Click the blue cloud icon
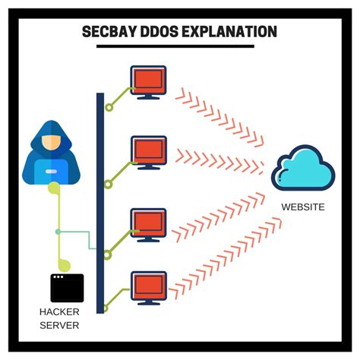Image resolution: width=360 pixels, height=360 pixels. point(302,169)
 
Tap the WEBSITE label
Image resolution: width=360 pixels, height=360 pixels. point(302,206)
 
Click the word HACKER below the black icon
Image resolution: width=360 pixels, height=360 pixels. point(60,311)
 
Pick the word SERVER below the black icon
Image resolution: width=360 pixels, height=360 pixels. point(60,324)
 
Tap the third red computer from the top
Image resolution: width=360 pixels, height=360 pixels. point(148,223)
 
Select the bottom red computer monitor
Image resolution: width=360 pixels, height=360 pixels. point(148,286)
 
